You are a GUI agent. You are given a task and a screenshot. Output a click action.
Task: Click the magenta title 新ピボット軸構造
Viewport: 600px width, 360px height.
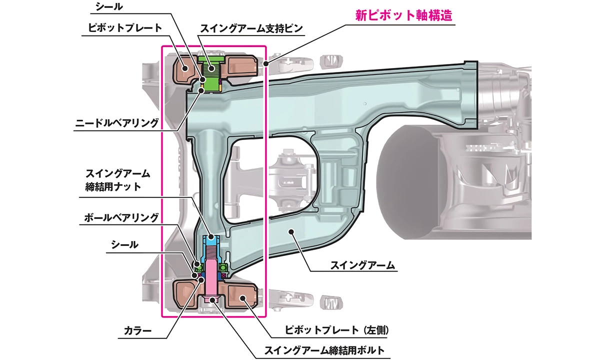coord(404,15)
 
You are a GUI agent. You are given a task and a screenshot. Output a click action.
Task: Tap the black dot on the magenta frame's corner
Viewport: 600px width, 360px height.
coord(267,63)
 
